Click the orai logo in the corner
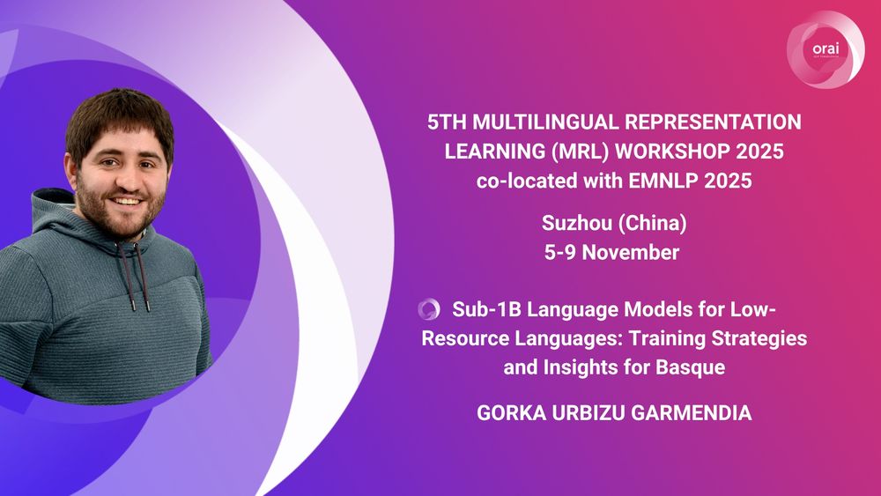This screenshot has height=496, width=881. (825, 49)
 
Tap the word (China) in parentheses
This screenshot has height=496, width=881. (652, 224)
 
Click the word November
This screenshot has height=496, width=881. (631, 252)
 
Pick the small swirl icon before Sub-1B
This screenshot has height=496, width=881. (429, 309)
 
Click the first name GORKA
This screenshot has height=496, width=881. (511, 413)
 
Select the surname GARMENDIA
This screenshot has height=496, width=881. (691, 413)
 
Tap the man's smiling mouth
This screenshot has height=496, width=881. (126, 201)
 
